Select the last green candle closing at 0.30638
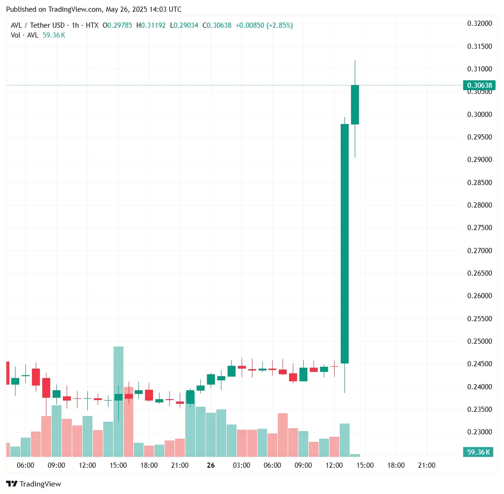tap(355, 105)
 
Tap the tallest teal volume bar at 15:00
tap(118, 401)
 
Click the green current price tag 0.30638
tap(478, 85)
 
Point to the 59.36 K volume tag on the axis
tap(478, 452)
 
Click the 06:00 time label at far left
tap(25, 465)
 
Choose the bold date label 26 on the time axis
tap(211, 465)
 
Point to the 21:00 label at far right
tap(427, 465)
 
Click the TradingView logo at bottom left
tap(33, 484)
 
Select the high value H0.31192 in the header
tap(151, 25)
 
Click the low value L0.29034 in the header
tap(184, 25)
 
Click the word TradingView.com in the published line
tap(75, 9)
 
